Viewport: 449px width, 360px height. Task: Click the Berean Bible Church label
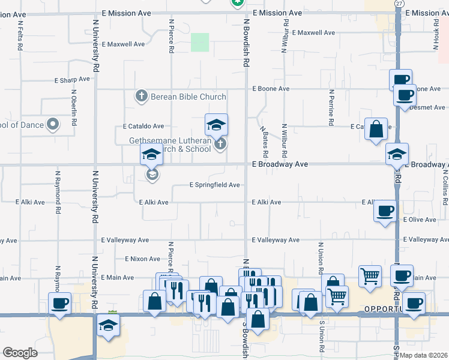[188, 97]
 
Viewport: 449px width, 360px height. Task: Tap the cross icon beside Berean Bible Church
[141, 96]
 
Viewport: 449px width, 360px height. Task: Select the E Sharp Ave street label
[72, 79]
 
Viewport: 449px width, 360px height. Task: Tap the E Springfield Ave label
[215, 185]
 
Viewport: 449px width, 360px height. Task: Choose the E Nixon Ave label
[142, 259]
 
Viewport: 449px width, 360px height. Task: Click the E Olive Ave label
[420, 220]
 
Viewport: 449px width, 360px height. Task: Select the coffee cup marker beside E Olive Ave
[385, 211]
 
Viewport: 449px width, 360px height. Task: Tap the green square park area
[200, 43]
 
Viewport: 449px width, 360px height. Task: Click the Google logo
[20, 353]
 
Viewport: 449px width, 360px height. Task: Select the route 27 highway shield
[399, 4]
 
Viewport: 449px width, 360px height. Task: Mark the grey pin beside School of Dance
[53, 125]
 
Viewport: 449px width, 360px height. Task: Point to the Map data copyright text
[423, 355]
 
